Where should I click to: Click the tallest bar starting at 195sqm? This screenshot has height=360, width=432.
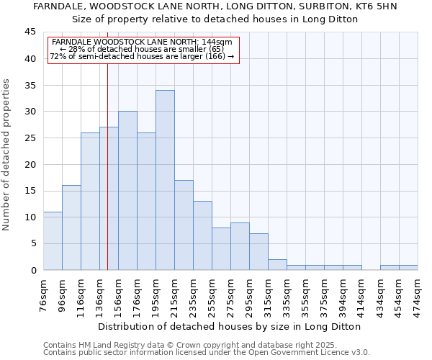[x=165, y=180]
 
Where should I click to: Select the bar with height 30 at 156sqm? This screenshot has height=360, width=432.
[x=127, y=191]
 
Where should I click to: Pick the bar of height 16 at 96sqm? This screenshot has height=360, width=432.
[x=71, y=228]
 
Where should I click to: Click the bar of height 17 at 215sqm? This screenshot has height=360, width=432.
[x=184, y=225]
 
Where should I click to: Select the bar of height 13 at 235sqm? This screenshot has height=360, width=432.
[x=202, y=235]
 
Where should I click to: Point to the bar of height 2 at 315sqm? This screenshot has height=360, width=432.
[x=277, y=264]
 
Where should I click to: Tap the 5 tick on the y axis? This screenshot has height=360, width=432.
[x=32, y=243]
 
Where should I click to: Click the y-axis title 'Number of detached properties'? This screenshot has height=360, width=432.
[x=7, y=155]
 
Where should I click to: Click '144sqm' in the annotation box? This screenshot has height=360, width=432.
[x=217, y=42]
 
